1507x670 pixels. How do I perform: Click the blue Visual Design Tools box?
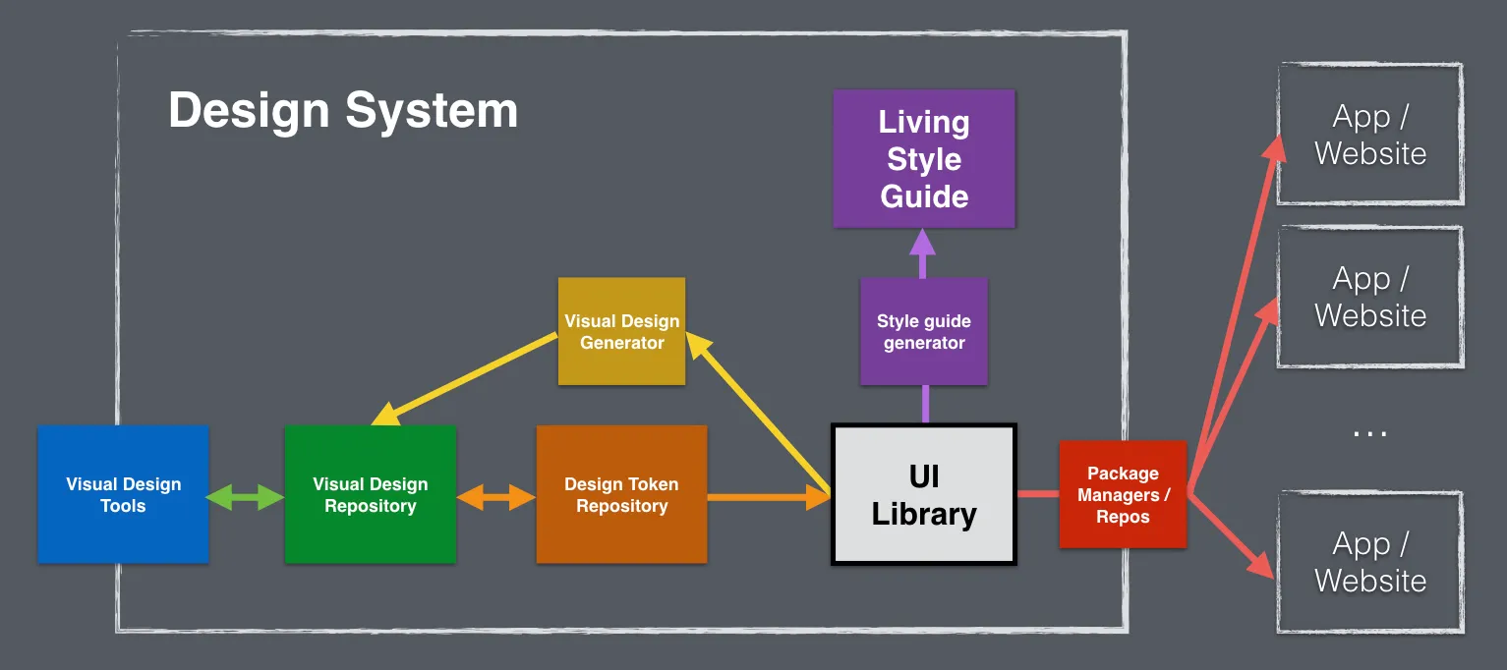coord(123,494)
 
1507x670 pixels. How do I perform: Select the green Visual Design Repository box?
coord(370,494)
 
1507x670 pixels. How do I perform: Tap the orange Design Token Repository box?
coord(621,494)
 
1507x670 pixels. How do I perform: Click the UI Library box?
coord(923,494)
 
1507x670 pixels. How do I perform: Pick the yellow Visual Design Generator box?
coord(621,331)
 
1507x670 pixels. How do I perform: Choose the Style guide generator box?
coord(923,331)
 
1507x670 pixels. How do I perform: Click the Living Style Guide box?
coord(923,159)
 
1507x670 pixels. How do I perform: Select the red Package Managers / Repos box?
coord(1123,494)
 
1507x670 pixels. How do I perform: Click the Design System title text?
coord(342,110)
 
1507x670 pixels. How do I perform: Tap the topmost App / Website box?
coord(1369,135)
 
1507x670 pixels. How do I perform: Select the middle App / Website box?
coord(1369,297)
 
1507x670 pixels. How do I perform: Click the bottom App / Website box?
coord(1369,562)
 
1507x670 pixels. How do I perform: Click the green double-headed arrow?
coord(246,498)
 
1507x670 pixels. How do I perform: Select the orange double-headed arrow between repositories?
coord(495,498)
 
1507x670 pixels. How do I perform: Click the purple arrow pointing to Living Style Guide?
coord(923,252)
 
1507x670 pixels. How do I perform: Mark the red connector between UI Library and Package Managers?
coord(1037,493)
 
